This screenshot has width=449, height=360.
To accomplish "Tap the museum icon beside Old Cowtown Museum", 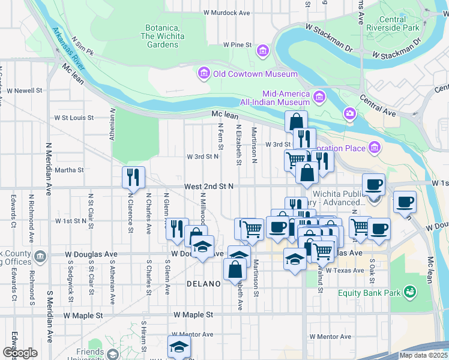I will click(203, 74).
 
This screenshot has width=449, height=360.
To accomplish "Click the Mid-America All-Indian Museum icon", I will click(318, 97).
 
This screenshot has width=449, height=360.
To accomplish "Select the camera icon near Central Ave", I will click(349, 113).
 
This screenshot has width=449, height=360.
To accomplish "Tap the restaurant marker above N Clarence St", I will click(133, 177).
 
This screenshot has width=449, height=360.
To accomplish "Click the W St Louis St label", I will click(74, 118).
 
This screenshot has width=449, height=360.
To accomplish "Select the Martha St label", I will click(69, 170).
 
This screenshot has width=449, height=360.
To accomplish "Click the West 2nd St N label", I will click(208, 187).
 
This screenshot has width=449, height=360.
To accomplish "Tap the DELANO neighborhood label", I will click(204, 283).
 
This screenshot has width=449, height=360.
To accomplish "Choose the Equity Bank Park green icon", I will click(411, 293).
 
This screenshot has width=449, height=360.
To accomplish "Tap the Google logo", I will click(20, 353).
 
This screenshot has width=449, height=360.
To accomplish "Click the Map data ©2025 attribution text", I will click(423, 355).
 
